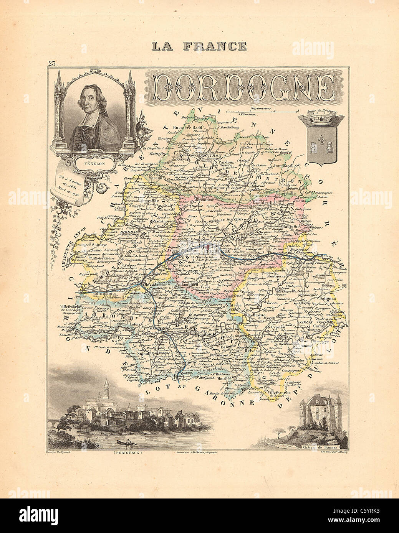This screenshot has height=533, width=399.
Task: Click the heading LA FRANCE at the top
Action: [x=199, y=46]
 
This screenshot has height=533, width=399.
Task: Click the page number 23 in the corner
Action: [x=53, y=64]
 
